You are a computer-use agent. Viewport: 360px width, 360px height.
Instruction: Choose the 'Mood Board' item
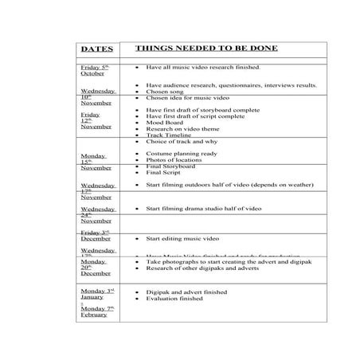tap(166, 123)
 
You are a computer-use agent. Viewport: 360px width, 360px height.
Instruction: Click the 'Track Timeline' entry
tap(169, 135)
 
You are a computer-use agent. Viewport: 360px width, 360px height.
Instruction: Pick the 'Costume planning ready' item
tap(182, 153)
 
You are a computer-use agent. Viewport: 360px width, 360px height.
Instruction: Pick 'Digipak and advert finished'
tap(186, 292)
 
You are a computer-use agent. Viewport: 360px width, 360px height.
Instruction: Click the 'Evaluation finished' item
tap(175, 299)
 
